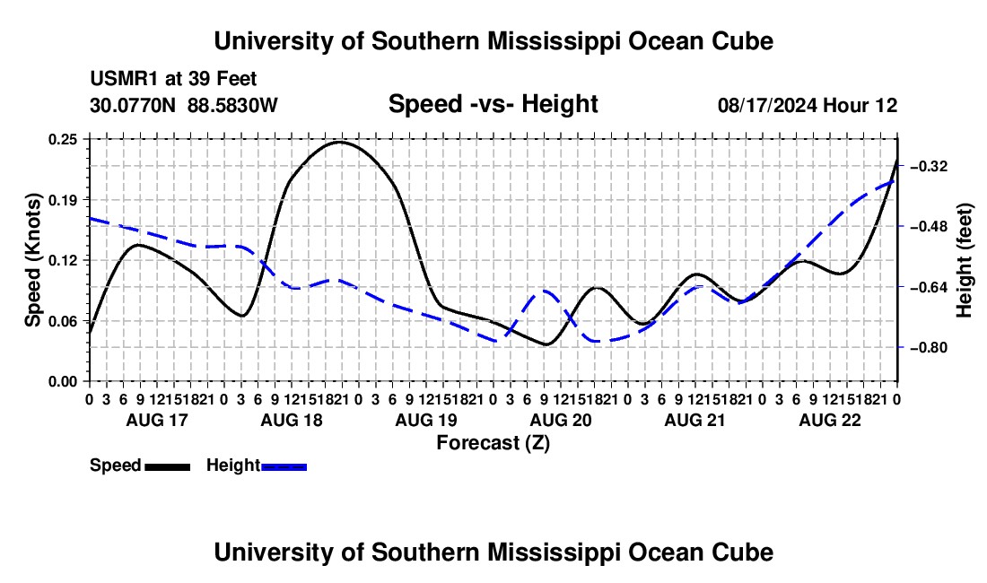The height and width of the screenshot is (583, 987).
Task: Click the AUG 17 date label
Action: click(157, 420)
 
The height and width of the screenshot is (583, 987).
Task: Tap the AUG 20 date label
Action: click(561, 420)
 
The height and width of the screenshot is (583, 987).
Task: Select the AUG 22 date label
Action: click(830, 420)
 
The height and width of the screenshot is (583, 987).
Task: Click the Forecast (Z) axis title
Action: click(493, 443)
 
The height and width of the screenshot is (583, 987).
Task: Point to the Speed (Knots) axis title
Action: click(32, 260)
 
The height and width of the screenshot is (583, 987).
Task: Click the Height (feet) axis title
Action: click(964, 260)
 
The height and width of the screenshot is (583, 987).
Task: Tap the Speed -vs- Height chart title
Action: click(493, 104)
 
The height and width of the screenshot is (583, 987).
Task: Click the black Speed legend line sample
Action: click(168, 467)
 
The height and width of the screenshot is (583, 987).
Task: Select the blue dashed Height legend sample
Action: click(284, 467)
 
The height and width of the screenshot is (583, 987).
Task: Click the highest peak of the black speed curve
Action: click(340, 142)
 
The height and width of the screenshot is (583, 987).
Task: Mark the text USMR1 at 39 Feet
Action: click(173, 79)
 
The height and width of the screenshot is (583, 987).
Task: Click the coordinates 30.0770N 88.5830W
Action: click(183, 105)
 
